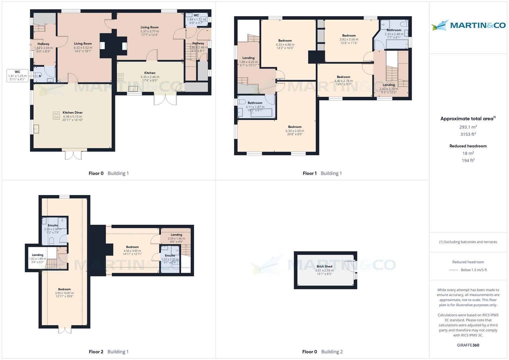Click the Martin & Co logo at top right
tap(468, 25)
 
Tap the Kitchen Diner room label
tap(72, 113)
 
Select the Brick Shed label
tap(324, 266)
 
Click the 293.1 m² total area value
tap(468, 127)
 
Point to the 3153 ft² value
tap(468, 134)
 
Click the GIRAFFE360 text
tap(468, 345)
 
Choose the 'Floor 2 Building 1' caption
tap(109, 352)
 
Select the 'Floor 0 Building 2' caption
tap(322, 352)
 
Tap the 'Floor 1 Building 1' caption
tap(322, 173)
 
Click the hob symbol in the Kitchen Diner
tap(56, 116)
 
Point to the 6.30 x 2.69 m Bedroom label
tap(295, 127)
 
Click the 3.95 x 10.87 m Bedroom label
tap(64, 289)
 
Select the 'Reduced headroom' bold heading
tap(468, 146)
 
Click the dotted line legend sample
tap(454, 270)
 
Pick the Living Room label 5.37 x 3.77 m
tap(149, 28)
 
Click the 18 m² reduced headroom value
tap(468, 153)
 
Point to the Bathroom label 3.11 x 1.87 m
tap(255, 103)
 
